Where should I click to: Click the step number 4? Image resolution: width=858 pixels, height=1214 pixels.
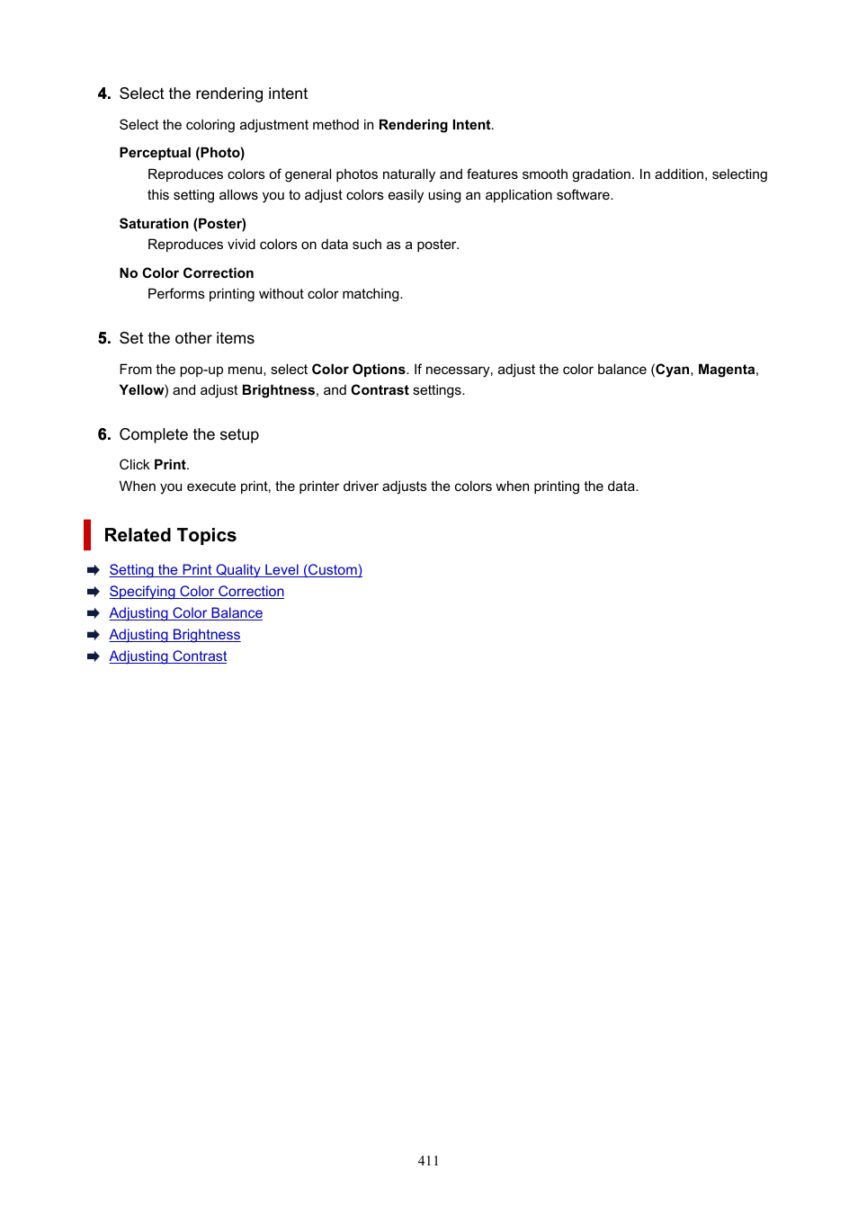104,94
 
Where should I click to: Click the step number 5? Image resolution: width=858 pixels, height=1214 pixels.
104,338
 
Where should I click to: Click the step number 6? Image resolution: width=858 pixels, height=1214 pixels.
104,434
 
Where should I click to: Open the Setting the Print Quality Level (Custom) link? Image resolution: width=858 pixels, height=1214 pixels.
236,570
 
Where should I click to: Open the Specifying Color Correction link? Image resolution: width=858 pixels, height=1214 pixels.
196,592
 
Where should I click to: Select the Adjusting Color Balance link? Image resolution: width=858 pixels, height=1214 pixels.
185,613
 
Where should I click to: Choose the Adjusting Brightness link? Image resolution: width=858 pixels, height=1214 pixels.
174,635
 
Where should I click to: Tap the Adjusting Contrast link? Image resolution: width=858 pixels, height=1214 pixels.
167,656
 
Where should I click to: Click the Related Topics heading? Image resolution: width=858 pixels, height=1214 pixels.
170,535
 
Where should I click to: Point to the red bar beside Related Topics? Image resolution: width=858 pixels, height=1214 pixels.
87,535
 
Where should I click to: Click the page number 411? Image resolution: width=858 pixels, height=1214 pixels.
428,1161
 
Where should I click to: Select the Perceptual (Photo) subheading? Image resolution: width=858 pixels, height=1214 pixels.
182,153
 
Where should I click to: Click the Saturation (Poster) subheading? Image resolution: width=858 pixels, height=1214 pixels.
183,224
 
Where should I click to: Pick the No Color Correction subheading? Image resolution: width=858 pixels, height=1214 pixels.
186,273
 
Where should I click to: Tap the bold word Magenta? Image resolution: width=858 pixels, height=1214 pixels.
726,370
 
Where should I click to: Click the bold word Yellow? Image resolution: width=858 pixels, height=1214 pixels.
141,390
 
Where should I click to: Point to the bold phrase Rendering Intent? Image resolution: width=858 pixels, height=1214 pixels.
434,125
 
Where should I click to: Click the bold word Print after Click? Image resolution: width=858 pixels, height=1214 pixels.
170,465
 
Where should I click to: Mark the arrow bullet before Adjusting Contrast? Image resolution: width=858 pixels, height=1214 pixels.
93,656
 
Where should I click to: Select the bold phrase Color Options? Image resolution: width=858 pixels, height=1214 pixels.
358,370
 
